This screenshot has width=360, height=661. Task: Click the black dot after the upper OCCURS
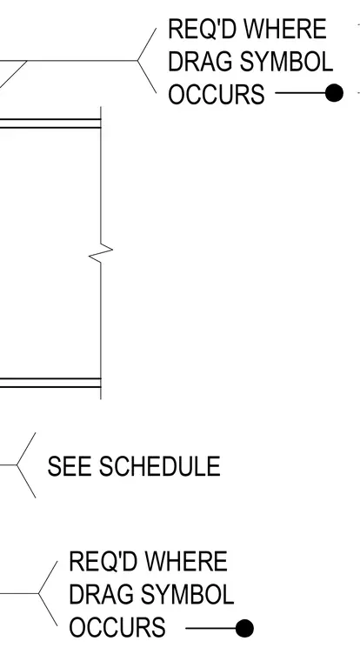click(x=334, y=93)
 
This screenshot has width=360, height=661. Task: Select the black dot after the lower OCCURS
click(x=244, y=629)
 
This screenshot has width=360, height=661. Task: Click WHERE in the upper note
click(x=285, y=29)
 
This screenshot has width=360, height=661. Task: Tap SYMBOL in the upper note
click(x=283, y=62)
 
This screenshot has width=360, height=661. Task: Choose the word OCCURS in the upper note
click(x=217, y=94)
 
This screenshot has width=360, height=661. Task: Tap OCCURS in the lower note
click(x=117, y=628)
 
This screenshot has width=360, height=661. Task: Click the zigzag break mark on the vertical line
click(x=101, y=252)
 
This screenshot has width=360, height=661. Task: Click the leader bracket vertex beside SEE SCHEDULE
click(x=17, y=465)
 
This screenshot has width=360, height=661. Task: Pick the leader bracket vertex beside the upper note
click(x=137, y=61)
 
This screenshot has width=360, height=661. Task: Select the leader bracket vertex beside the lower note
click(x=39, y=593)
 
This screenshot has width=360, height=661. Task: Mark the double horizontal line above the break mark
click(x=50, y=124)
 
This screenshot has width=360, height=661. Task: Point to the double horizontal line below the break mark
click(x=50, y=383)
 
